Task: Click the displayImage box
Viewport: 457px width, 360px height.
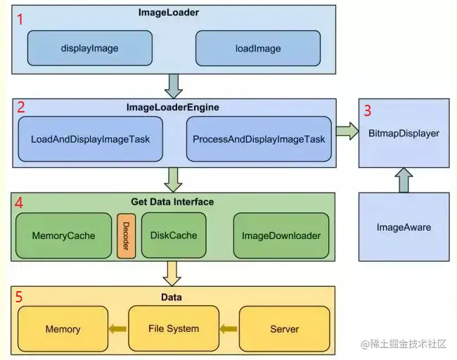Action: (90, 49)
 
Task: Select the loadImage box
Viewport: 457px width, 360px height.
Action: (257, 49)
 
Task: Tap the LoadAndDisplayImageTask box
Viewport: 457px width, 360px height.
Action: (90, 139)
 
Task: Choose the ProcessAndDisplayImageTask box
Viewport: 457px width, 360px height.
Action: (258, 139)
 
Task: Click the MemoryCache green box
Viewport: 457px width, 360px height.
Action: (63, 236)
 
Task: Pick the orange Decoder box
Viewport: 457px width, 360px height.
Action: (127, 236)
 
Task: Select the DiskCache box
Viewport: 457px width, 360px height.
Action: (174, 236)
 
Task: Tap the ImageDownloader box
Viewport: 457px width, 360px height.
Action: (281, 236)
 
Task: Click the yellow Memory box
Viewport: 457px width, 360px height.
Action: (63, 328)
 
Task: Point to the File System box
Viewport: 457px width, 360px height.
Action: (174, 328)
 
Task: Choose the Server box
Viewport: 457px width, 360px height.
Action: (284, 328)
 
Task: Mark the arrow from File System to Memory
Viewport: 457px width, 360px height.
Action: (117, 328)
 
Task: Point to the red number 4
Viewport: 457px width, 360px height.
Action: (20, 202)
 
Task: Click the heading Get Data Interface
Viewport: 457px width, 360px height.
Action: (172, 202)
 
